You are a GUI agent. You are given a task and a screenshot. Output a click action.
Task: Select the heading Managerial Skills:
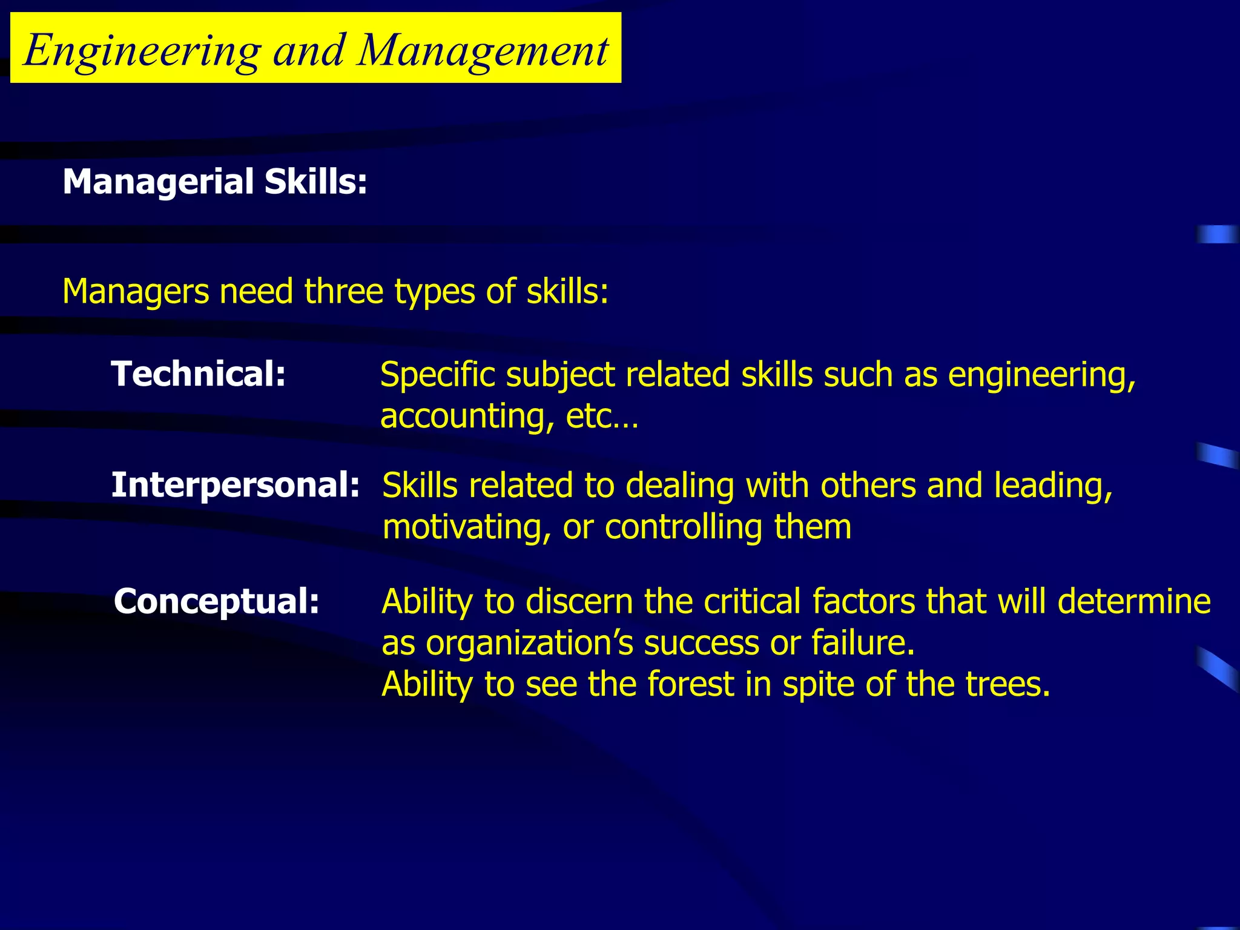pos(215,182)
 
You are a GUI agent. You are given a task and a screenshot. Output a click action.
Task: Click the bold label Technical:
pos(199,374)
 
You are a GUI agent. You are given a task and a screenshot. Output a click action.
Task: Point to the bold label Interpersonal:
pos(236,485)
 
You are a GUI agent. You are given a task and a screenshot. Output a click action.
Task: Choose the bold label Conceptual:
pos(217,601)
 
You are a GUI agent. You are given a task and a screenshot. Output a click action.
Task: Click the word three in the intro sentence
pos(344,291)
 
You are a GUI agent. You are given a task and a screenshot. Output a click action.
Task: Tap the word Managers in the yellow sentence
pos(135,291)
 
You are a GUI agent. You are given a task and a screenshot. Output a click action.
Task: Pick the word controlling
pos(684,527)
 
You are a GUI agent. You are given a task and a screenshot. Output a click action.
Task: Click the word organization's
pos(530,643)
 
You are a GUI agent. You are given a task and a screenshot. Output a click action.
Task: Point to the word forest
pos(691,684)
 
